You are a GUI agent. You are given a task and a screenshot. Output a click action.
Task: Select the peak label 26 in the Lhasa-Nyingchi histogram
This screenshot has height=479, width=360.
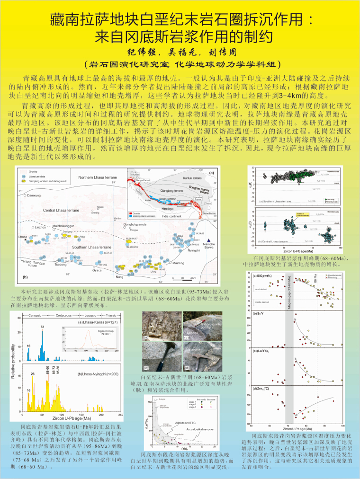[x=33, y=374]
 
